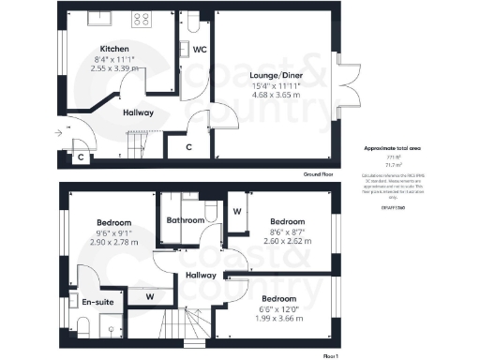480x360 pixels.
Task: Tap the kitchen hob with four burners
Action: pyautogui.click(x=142, y=18)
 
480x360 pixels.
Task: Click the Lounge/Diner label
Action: pyautogui.click(x=275, y=76)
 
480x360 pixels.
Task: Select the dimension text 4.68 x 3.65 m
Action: pyautogui.click(x=275, y=96)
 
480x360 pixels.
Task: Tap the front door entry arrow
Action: pyautogui.click(x=59, y=133)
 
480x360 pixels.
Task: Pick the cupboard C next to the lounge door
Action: pyautogui.click(x=188, y=147)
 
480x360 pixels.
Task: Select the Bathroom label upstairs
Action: pyautogui.click(x=186, y=220)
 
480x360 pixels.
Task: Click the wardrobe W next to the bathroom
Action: pyautogui.click(x=237, y=212)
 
